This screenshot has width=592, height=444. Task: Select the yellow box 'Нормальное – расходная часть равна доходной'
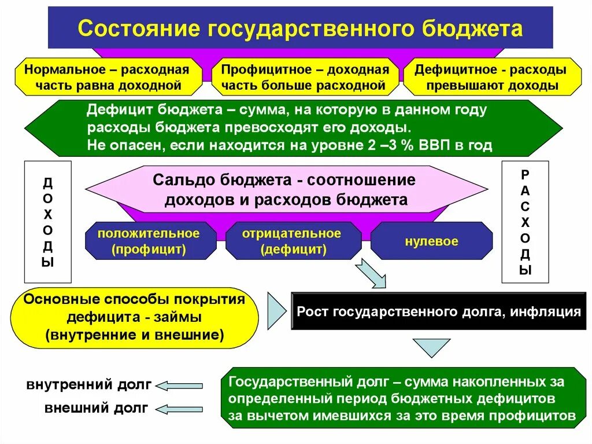[106, 78]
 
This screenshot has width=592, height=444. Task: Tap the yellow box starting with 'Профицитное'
[301, 78]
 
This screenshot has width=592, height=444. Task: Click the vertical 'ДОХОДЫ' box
[47, 222]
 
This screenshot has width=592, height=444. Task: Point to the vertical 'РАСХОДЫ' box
[524, 222]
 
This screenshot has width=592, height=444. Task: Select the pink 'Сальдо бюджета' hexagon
[286, 189]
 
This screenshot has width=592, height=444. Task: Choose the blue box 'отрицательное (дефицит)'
[293, 241]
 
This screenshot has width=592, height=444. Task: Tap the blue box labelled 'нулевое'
[431, 241]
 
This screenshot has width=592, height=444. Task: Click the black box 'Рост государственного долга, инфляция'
[438, 311]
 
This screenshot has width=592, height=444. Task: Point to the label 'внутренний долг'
[88, 384]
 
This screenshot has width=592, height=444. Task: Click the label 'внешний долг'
[97, 408]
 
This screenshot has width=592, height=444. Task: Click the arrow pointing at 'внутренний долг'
[180, 386]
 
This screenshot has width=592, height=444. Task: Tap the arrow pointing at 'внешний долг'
[180, 409]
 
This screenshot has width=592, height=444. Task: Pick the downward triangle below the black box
[431, 347]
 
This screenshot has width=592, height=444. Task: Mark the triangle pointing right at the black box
[276, 311]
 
